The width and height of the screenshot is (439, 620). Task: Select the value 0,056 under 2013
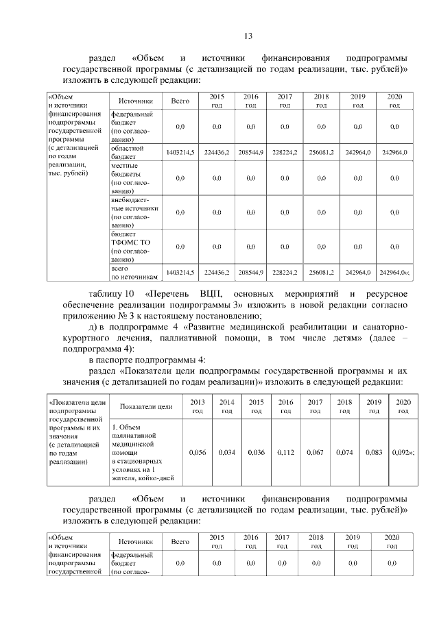[197, 452]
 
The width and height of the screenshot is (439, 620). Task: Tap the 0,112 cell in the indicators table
[285, 452]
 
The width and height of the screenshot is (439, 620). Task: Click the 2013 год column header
[197, 406]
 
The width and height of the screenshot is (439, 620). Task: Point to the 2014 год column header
[226, 406]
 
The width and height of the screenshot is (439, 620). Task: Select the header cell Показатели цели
[145, 406]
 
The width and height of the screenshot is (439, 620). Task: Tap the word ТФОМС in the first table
[126, 242]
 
